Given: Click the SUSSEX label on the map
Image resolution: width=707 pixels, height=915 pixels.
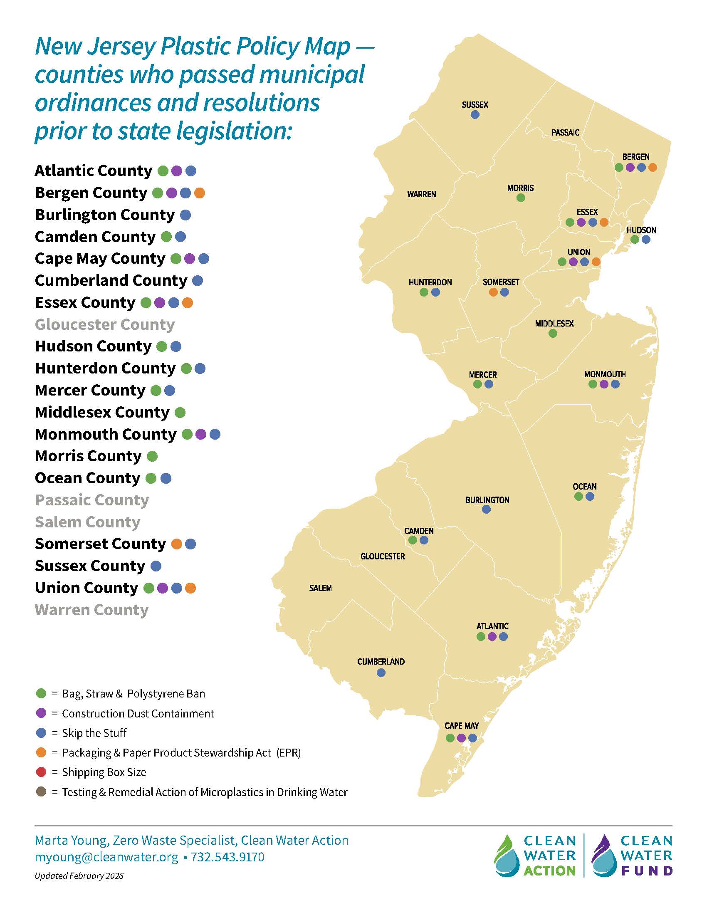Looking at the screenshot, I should pos(475,105).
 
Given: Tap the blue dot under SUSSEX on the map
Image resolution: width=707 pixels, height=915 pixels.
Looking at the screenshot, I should pos(475,114).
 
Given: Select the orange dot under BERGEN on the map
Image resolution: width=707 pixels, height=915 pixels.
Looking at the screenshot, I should pos(653,168).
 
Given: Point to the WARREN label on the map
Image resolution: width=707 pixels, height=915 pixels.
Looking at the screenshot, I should pos(421,194).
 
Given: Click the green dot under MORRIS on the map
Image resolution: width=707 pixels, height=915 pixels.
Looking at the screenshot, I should pos(521,198).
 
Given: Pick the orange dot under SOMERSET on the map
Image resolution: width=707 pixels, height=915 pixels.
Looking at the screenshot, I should pos(493,292).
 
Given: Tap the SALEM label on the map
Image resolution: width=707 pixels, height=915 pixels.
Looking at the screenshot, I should pos(320,588).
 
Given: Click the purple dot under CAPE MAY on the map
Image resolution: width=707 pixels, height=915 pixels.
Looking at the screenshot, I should pos(461,738).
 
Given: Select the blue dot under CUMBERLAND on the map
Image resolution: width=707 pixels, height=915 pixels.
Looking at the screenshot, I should pos(381,673).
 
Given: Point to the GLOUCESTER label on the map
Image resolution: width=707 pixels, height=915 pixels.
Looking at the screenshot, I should pos(382,556).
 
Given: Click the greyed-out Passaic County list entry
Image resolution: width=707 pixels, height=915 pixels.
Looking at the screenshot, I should pos(92,500).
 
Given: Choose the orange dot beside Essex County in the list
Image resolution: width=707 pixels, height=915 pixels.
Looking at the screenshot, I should pos(188,302).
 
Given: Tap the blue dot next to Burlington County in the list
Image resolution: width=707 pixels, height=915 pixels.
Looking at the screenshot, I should pos(185,215).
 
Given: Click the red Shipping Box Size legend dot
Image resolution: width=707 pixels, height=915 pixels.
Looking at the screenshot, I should pos(41,772).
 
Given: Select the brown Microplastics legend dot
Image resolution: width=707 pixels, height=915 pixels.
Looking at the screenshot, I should pos(41,792).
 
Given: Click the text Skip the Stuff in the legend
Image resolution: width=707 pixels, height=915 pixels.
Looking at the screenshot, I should pos(94,733).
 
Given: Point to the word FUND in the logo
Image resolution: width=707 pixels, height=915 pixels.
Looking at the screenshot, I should pos(647,870).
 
